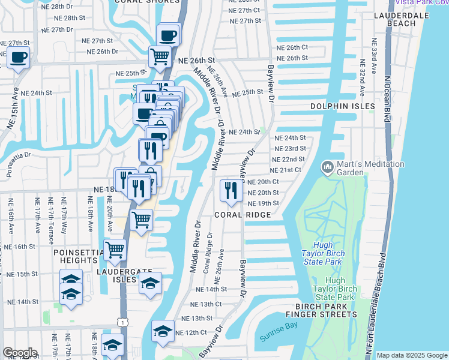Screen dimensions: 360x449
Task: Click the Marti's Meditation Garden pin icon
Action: point(328,166)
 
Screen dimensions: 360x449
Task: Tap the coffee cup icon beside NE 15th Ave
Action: point(18,58)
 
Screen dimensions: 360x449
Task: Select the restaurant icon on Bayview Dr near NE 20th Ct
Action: point(231,191)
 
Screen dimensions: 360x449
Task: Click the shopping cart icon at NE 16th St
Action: point(114,249)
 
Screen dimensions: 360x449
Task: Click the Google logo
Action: point(19,353)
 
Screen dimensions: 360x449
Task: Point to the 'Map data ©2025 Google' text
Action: point(412,355)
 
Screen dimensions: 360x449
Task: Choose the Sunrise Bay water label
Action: point(279,337)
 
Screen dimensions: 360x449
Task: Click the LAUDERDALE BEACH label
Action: point(402,19)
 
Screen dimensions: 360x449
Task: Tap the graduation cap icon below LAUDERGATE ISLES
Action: point(151,283)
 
